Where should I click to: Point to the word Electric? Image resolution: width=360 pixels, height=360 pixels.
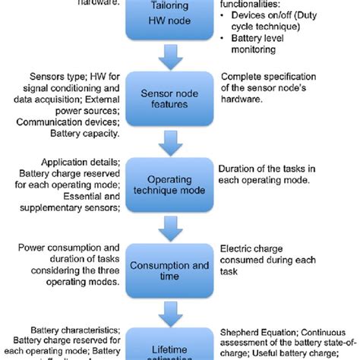point(236,248)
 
